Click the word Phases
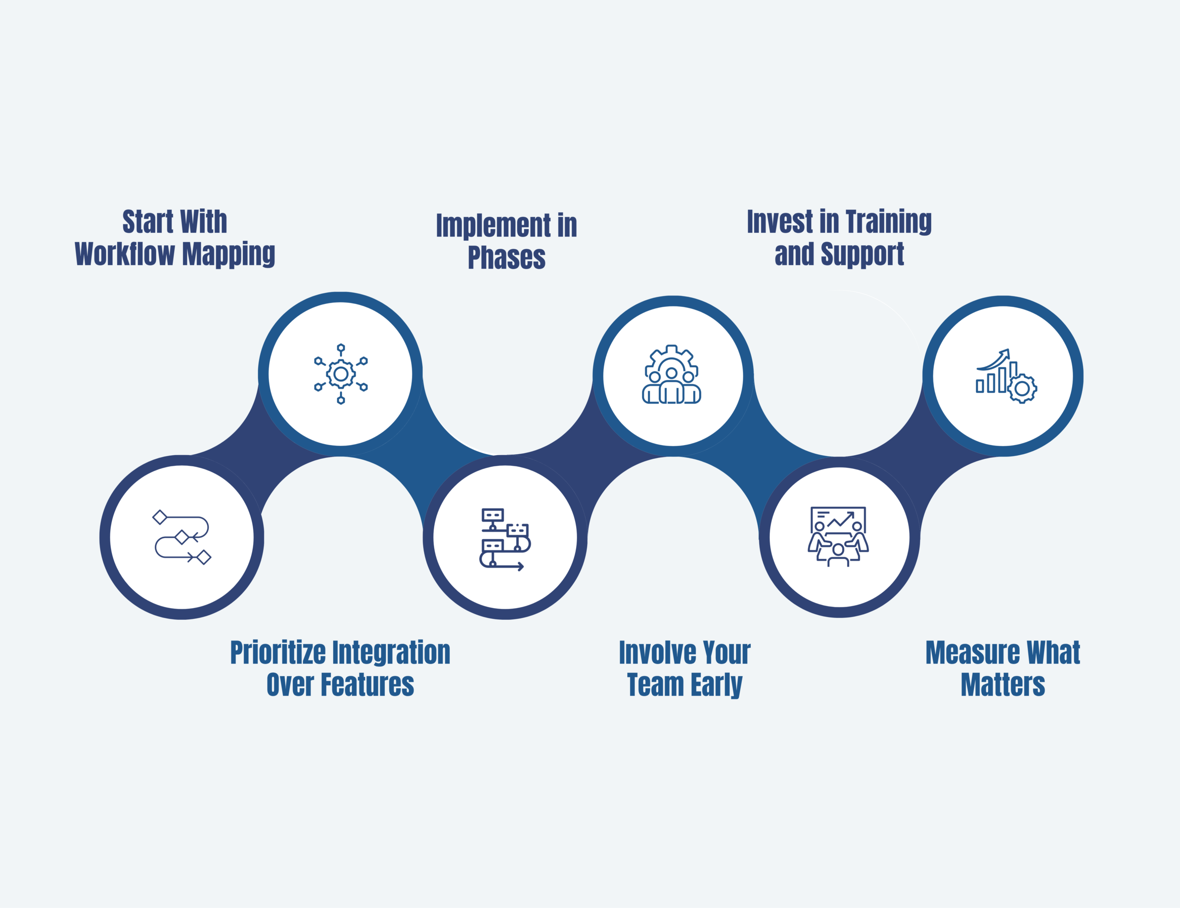(506, 257)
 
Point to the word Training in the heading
(888, 222)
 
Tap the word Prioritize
(277, 653)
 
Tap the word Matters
(1003, 685)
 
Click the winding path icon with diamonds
(182, 537)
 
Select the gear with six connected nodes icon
(340, 374)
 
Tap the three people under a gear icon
(672, 374)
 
